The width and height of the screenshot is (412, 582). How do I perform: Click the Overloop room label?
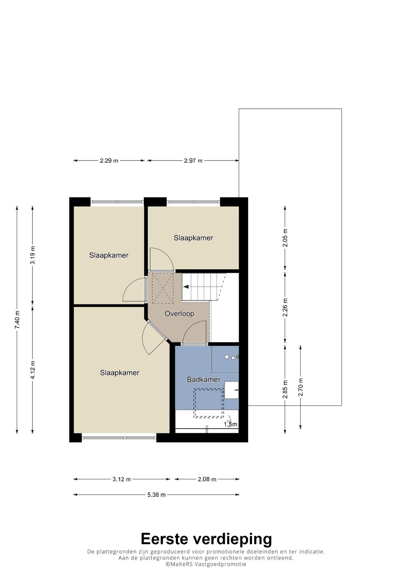[179, 314]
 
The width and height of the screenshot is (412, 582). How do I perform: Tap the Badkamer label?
[204, 380]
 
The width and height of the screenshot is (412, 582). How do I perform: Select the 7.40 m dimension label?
[17, 320]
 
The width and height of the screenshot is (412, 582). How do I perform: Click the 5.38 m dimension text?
[156, 495]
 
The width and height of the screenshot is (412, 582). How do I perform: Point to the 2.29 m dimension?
[109, 160]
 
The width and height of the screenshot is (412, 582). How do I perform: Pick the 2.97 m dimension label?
[193, 160]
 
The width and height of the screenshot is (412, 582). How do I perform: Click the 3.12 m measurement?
[122, 479]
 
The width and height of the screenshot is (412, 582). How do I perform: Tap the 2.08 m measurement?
[207, 479]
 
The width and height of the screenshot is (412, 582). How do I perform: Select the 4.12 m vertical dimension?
[33, 370]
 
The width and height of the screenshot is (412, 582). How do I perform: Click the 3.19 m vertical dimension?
[33, 255]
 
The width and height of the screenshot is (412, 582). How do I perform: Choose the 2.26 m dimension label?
[285, 307]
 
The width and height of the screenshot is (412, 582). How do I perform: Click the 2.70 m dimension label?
[301, 387]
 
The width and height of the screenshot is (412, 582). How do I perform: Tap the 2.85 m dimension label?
[285, 389]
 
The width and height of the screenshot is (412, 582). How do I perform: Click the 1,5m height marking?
[231, 424]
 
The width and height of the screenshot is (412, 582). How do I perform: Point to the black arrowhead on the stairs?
[186, 287]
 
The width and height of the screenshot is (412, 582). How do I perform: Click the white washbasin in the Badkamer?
[231, 390]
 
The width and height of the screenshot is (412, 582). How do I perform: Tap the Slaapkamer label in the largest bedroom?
[119, 373]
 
